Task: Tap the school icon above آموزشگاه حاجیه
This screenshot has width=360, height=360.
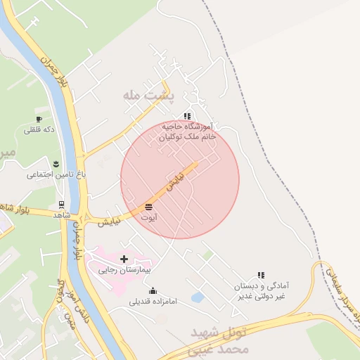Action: (x=187, y=116)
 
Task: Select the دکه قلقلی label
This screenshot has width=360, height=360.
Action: (x=39, y=130)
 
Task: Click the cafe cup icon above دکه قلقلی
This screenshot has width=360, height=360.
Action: (x=39, y=119)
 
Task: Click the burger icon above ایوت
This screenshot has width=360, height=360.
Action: (x=148, y=207)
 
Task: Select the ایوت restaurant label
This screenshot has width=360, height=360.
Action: (x=148, y=218)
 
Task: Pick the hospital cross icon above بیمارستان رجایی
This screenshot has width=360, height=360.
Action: (x=124, y=259)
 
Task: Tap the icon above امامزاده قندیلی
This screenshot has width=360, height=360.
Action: (x=153, y=291)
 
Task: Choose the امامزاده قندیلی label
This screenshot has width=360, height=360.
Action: (x=153, y=302)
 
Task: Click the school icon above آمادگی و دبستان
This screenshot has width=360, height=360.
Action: (x=261, y=276)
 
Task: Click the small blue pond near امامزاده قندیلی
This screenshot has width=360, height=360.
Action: (x=198, y=297)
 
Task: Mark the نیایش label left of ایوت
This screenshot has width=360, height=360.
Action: (x=109, y=222)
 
